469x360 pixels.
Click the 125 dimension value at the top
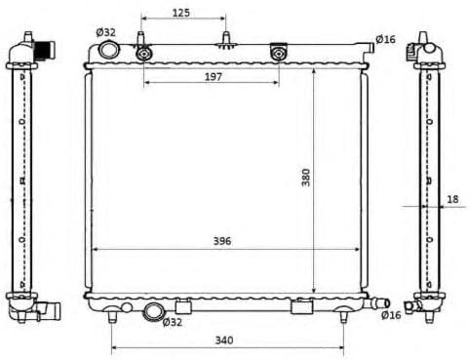click(181, 13)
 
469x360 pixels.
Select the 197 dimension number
click(214, 77)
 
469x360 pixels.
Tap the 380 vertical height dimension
click(306, 178)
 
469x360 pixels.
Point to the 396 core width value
click(222, 241)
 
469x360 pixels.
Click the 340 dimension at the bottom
click(224, 340)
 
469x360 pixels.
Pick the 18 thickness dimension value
click(452, 199)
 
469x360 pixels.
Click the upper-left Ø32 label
click(105, 32)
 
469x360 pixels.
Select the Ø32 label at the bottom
click(173, 322)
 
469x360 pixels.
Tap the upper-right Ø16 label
click(385, 39)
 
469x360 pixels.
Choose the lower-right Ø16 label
click(391, 315)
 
